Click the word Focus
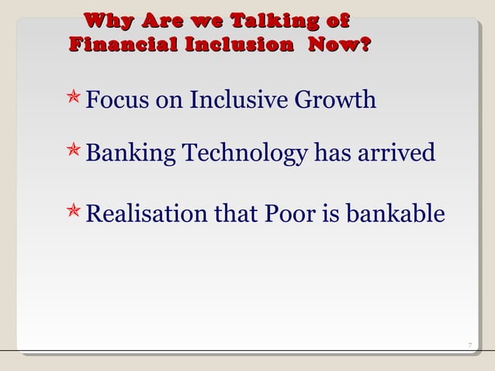pyautogui.click(x=115, y=101)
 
